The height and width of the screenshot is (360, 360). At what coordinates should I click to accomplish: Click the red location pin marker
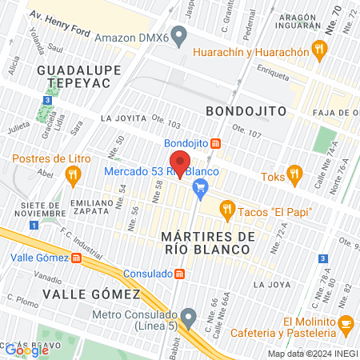pos(180,163)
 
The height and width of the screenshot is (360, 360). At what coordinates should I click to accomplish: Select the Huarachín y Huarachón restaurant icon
pos(320,52)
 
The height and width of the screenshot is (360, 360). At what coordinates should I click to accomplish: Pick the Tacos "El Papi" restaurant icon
pos(227,210)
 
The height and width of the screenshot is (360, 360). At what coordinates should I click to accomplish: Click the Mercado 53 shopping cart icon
pos(201,188)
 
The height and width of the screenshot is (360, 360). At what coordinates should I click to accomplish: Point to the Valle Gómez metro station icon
pos(76,258)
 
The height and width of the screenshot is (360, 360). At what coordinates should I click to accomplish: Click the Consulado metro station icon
pos(180,274)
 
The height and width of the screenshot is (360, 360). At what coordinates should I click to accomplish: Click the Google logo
pos(26,350)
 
